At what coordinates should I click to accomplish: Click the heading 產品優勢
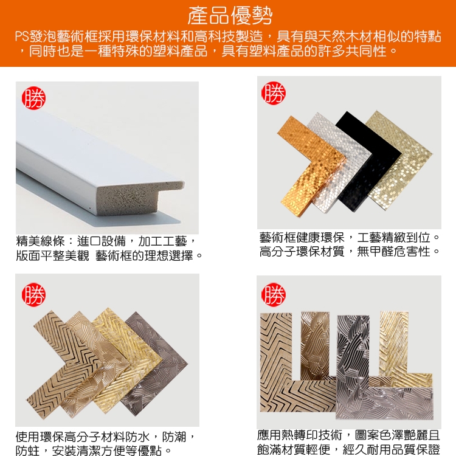[x=230, y=16]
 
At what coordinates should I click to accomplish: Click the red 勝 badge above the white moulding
[x=33, y=98]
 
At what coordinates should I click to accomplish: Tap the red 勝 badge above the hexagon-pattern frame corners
[x=274, y=93]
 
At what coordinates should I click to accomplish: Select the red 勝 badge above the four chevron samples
[x=33, y=295]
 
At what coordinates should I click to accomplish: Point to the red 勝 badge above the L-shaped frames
[x=274, y=295]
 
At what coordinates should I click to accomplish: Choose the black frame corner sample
[x=369, y=163]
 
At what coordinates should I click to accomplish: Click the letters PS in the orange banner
[x=22, y=36]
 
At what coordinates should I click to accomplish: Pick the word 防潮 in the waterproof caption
[x=174, y=437]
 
